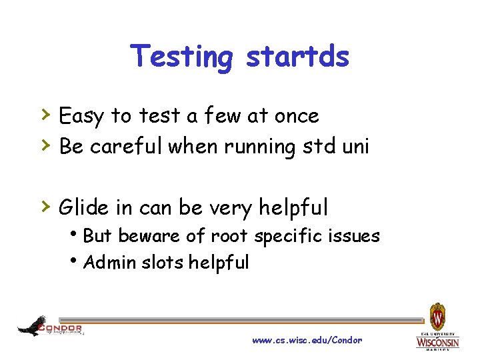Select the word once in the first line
297,116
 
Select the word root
229,236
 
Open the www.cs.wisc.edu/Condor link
307,340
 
